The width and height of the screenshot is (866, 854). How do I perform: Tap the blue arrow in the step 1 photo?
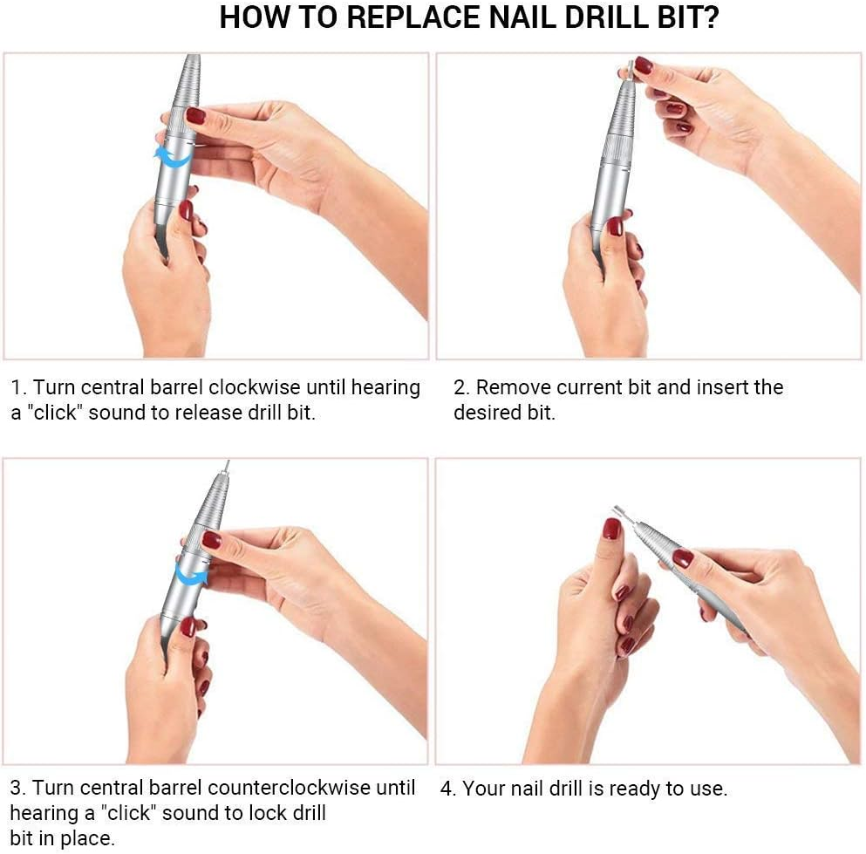pos(173,157)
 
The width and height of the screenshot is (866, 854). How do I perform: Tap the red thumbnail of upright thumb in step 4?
pos(611,529)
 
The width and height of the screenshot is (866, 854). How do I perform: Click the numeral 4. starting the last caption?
pos(448,789)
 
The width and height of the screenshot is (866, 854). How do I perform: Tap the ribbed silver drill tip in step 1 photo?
pos(188,83)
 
